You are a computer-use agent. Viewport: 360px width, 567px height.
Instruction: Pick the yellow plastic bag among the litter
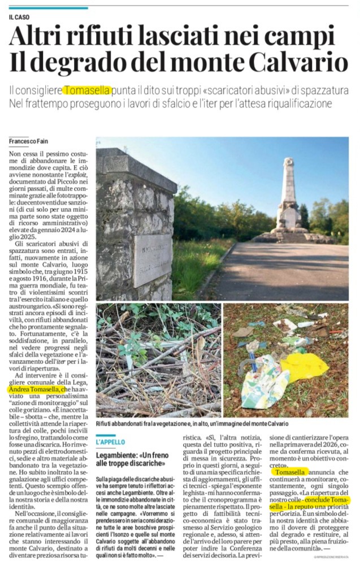coord(304,366)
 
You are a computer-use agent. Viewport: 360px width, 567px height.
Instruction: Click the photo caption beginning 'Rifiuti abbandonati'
coord(192,423)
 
